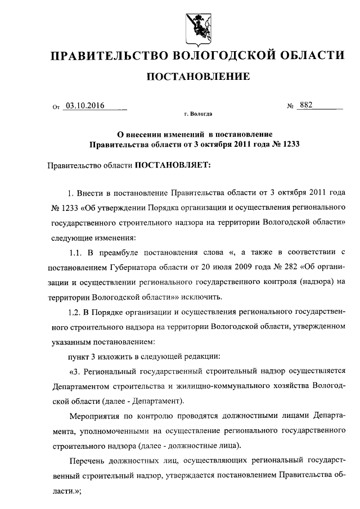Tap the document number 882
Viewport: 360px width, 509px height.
click(x=306, y=105)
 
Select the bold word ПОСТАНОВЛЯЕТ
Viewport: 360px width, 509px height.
click(x=173, y=166)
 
